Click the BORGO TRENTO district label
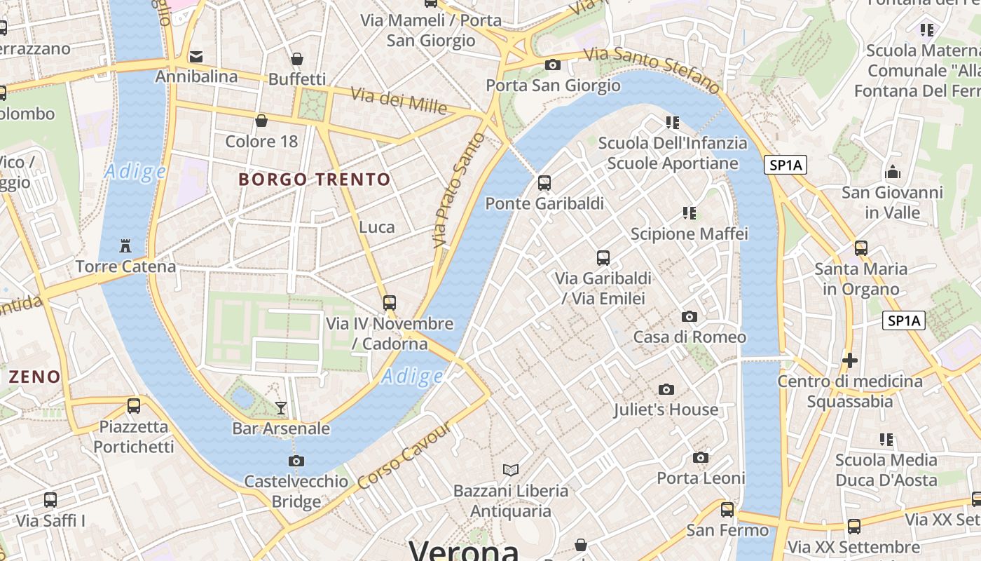(314, 180)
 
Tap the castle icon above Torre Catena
(125, 246)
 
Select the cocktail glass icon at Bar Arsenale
(281, 407)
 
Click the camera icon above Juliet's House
(666, 389)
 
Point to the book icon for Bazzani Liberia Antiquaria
(511, 470)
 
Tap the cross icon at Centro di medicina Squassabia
(850, 360)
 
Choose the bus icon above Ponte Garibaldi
(544, 183)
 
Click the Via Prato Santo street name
(460, 190)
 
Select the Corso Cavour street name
(404, 457)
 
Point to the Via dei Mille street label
(398, 101)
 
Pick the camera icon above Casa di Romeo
(690, 316)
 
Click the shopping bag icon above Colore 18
(261, 121)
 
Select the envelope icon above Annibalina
(196, 56)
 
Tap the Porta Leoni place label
(701, 478)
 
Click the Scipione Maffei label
(690, 234)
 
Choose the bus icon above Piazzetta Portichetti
(134, 405)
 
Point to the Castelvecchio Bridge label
(296, 491)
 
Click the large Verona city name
(464, 551)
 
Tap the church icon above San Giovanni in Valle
(893, 171)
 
